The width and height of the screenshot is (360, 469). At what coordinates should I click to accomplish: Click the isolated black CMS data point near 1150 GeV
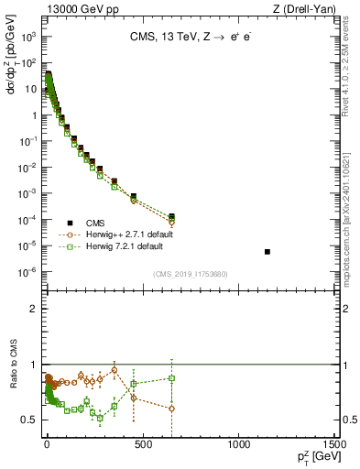pyautogui.click(x=267, y=251)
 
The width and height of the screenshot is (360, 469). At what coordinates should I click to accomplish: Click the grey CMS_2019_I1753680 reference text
pyautogui.click(x=190, y=272)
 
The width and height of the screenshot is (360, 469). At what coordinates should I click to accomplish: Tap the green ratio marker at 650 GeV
pyautogui.click(x=171, y=378)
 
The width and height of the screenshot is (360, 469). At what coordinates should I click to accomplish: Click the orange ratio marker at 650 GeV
pyautogui.click(x=171, y=409)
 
